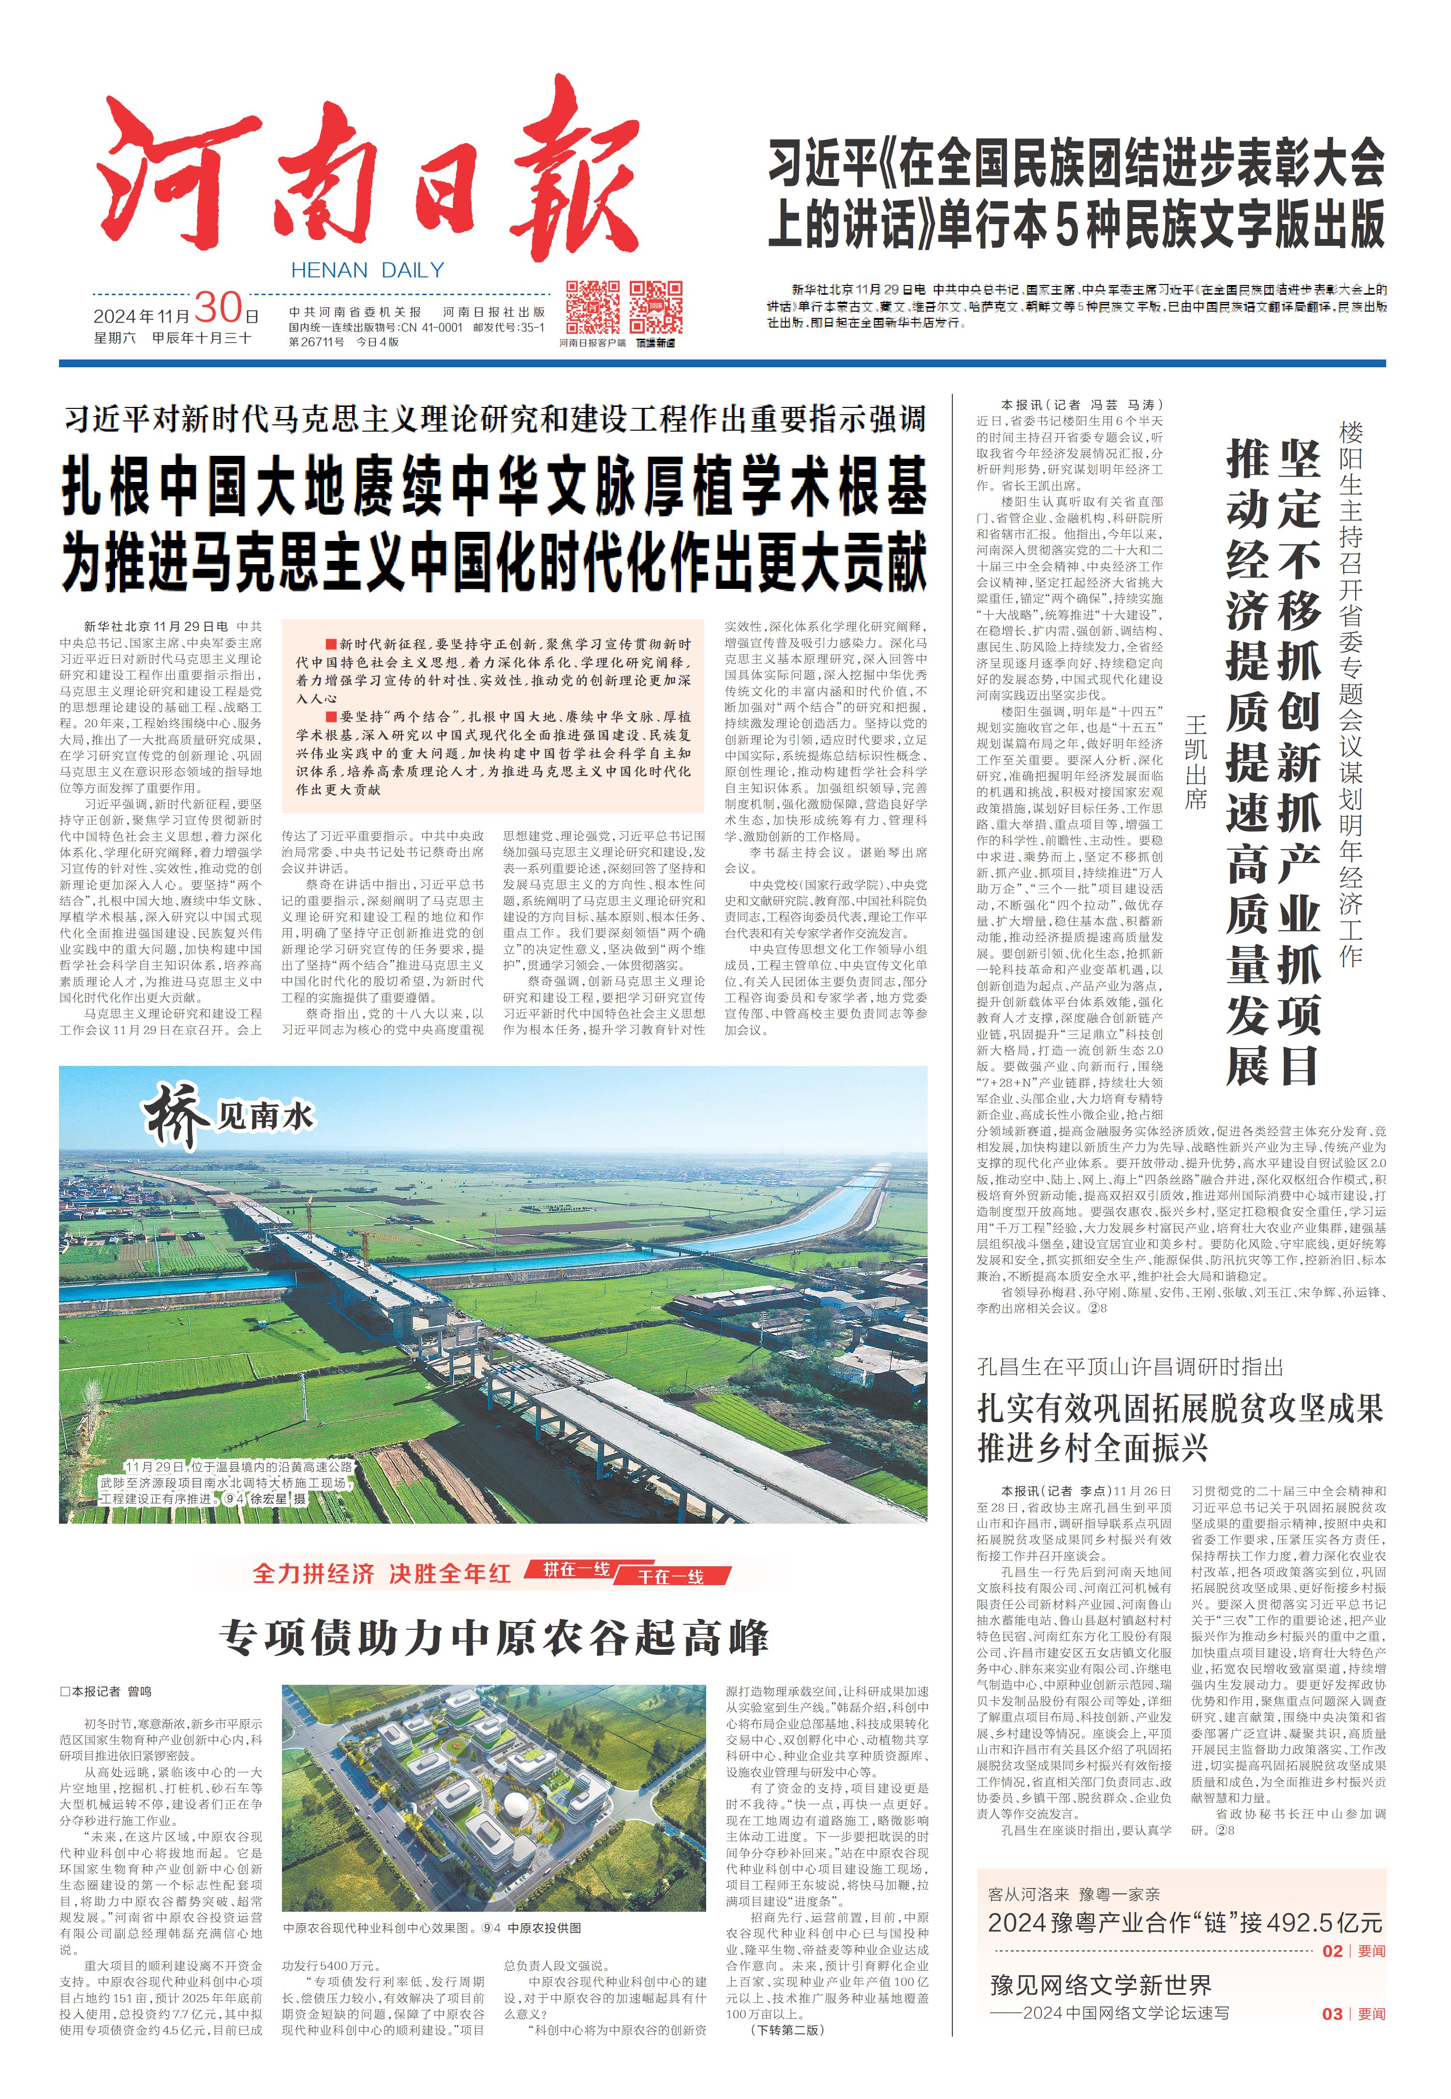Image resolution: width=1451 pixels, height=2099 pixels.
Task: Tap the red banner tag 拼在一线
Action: click(577, 1569)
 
